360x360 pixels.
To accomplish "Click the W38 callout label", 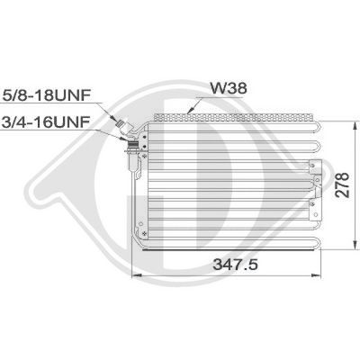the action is coord(228,88).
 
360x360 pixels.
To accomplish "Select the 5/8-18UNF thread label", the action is coord(47,95).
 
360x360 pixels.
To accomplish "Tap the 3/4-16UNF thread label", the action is coord(46,122).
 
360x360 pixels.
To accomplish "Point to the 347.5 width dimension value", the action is coord(235,265).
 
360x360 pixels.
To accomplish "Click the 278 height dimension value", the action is coord(343,184).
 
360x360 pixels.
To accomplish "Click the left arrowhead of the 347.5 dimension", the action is coord(137,274).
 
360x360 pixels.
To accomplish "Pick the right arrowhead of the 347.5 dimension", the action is coord(317,274).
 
